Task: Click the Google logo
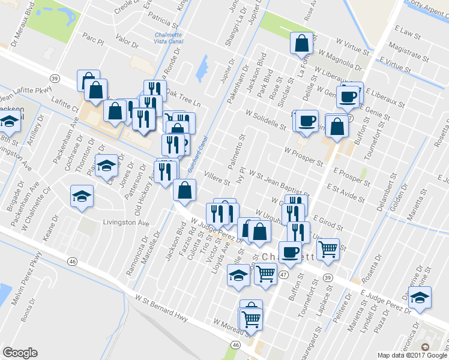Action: click(x=20, y=353)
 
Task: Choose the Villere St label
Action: click(x=217, y=178)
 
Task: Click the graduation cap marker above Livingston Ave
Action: click(x=82, y=196)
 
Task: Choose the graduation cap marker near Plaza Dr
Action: click(x=420, y=298)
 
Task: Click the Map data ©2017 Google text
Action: click(x=412, y=355)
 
